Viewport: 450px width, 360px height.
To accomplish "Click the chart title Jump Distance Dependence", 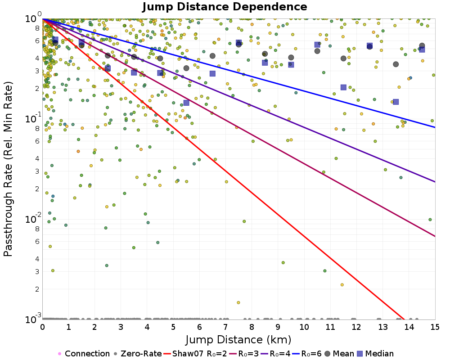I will [225, 7].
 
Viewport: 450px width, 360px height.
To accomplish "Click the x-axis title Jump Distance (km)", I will [238, 339].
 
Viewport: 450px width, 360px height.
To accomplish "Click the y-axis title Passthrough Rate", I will [8, 169].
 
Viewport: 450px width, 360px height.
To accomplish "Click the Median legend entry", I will [377, 354].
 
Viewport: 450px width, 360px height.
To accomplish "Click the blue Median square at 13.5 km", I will [396, 102].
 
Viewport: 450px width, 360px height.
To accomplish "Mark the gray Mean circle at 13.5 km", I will [396, 64].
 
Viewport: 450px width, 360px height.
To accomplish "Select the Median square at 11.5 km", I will [343, 87].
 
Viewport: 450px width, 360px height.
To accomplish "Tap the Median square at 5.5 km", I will [186, 103].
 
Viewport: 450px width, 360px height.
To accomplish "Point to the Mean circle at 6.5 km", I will [212, 56].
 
